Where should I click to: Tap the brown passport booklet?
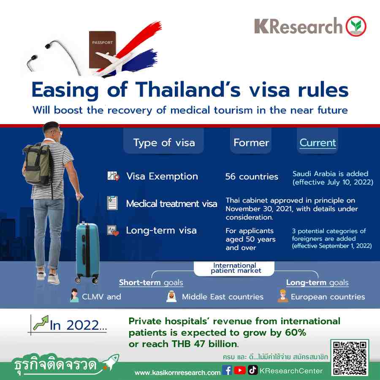(x=102, y=50)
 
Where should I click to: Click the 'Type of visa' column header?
(x=164, y=143)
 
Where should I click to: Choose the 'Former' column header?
(x=251, y=143)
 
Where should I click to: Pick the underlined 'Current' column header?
(x=318, y=143)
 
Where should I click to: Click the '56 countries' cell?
(x=252, y=176)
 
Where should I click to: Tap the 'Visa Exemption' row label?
(x=162, y=176)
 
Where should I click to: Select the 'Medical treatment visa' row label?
(x=171, y=204)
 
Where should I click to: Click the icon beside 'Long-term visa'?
(x=113, y=231)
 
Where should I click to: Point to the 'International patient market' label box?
(x=234, y=268)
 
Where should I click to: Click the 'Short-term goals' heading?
(x=151, y=282)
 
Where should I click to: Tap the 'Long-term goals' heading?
(x=317, y=282)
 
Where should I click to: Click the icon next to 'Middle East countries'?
(x=171, y=296)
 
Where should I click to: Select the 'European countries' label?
(x=328, y=297)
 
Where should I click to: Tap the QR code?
(x=350, y=358)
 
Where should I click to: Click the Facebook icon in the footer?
(x=227, y=370)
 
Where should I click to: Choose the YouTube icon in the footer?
(x=240, y=370)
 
